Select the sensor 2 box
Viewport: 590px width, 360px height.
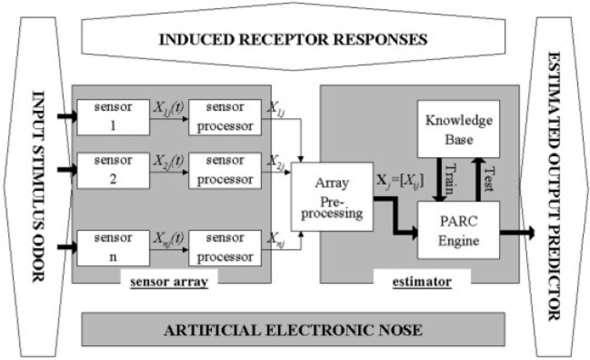(x=113, y=171)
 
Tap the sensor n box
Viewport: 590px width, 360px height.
(x=113, y=247)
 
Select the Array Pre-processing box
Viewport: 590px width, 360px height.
(x=332, y=197)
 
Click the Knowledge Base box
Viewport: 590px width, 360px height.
(x=459, y=129)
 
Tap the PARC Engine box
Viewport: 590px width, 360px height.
(x=459, y=231)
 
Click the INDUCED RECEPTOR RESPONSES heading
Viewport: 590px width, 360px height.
(x=293, y=40)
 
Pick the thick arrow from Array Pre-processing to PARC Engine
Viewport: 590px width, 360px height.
(x=396, y=212)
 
